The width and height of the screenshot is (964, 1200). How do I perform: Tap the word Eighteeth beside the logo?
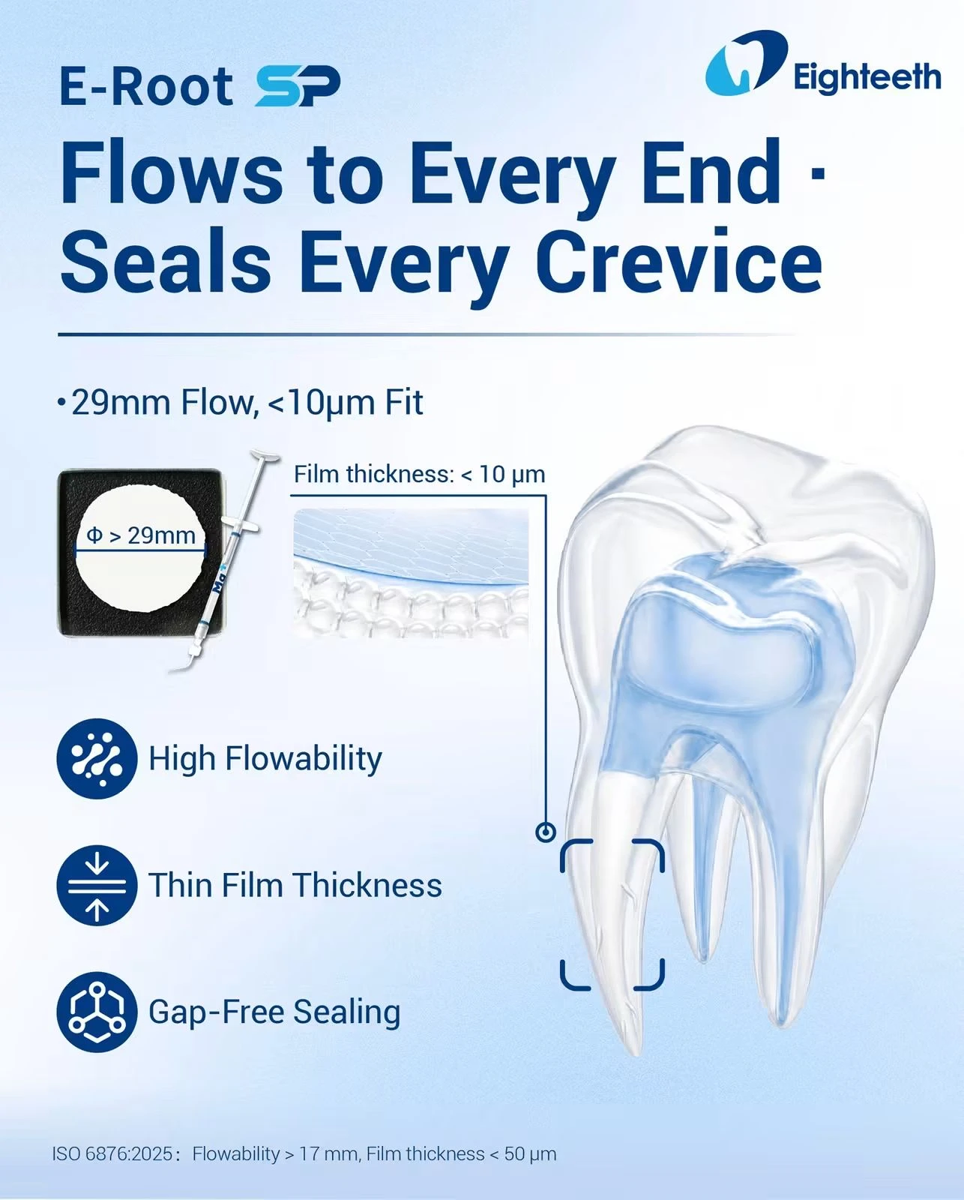(x=867, y=78)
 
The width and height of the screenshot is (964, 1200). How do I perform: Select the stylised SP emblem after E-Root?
(x=298, y=85)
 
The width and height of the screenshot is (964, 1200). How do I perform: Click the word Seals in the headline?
(x=166, y=262)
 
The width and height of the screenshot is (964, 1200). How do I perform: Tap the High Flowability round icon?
(x=97, y=759)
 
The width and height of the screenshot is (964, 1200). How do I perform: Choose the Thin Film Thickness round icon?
(x=97, y=885)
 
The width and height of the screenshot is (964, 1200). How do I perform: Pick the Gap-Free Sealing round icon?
(x=97, y=1012)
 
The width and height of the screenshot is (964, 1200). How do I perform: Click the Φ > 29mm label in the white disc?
(x=141, y=535)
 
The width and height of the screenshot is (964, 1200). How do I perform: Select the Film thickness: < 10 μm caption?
(x=419, y=475)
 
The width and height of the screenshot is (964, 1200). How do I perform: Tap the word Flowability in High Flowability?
(x=304, y=760)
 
